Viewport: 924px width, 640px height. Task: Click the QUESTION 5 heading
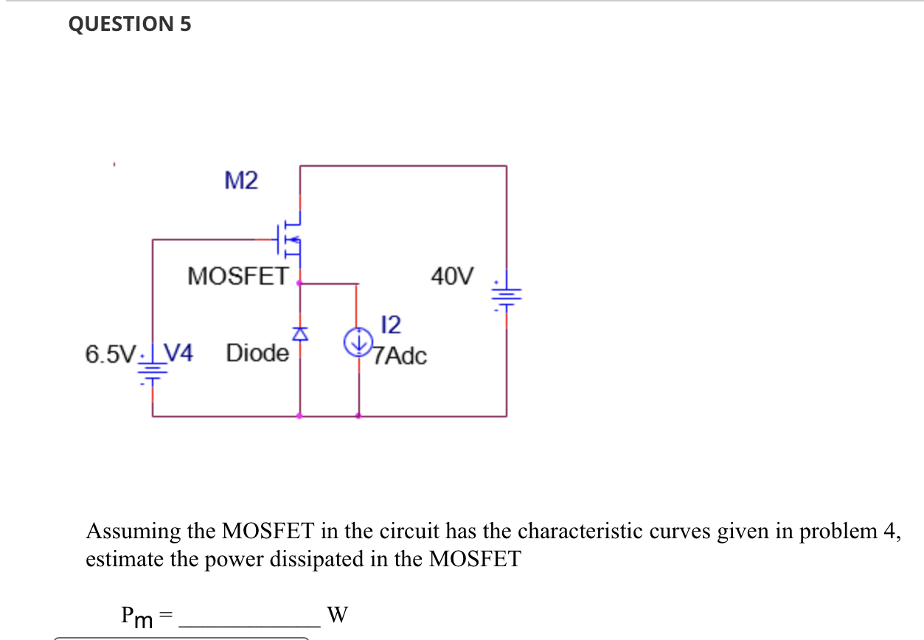pos(129,24)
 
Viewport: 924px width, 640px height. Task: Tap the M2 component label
pos(241,180)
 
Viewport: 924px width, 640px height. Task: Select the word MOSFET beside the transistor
pos(237,276)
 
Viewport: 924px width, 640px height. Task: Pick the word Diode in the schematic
pos(257,353)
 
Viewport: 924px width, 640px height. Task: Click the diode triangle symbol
pos(299,334)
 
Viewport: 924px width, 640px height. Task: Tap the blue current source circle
pos(358,342)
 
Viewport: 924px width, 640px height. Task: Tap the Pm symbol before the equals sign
pos(137,616)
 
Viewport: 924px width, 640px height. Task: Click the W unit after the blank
pos(336,614)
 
